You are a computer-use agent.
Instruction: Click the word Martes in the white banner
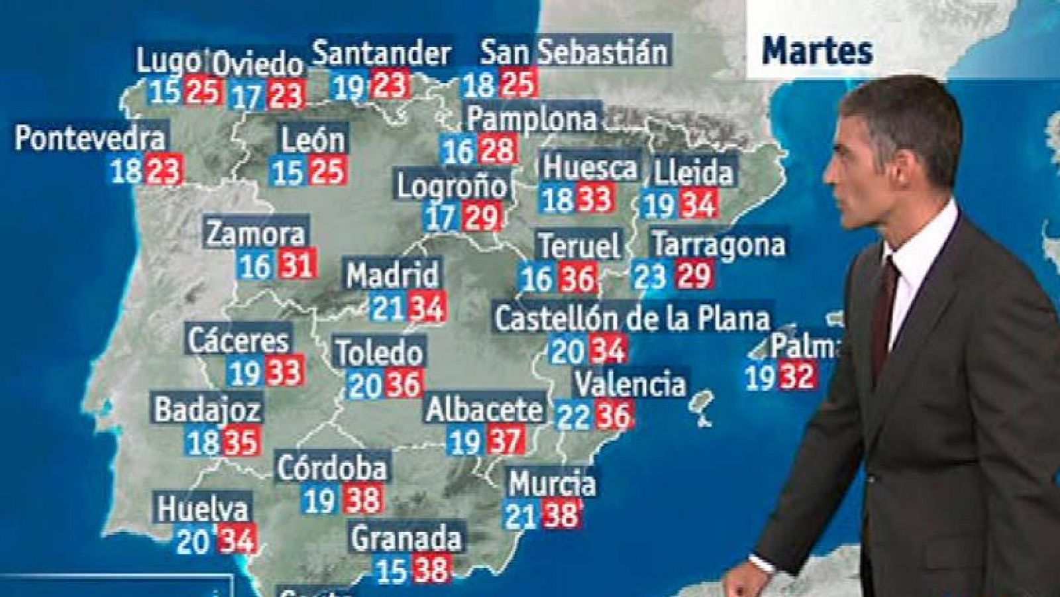click(x=817, y=51)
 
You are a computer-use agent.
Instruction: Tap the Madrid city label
click(x=392, y=274)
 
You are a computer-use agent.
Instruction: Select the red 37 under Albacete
click(x=505, y=440)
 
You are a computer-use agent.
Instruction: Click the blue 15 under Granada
click(x=391, y=569)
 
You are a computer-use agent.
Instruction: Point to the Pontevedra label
click(x=89, y=138)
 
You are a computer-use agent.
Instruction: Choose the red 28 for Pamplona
click(x=498, y=150)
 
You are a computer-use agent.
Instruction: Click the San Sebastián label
click(x=574, y=52)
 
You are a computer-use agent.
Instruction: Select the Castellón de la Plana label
click(x=633, y=319)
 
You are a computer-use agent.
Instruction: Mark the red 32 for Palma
click(x=796, y=377)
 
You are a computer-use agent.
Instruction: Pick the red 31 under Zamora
click(x=296, y=266)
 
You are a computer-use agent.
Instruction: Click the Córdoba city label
click(x=332, y=468)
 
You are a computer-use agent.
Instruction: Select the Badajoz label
click(x=207, y=409)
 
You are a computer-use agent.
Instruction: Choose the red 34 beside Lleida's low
click(x=698, y=205)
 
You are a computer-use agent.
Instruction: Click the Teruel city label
click(x=580, y=246)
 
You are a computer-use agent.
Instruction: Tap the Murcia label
click(x=552, y=484)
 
